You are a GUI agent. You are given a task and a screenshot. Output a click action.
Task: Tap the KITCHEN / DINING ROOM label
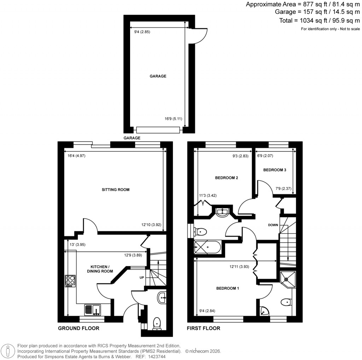tap(102, 269)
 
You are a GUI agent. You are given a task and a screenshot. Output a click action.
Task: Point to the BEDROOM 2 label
tap(226, 178)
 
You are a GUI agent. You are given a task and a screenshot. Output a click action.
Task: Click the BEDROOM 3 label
tap(275, 170)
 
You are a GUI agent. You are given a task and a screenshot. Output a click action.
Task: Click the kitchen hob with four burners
tap(70, 281)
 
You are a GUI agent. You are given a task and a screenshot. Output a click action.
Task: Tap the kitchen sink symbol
tap(93, 310)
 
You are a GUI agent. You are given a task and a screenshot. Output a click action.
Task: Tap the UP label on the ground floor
tap(142, 278)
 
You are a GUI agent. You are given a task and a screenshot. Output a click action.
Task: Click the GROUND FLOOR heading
tap(78, 329)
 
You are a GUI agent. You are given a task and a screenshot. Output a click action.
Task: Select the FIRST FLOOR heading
tap(204, 329)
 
